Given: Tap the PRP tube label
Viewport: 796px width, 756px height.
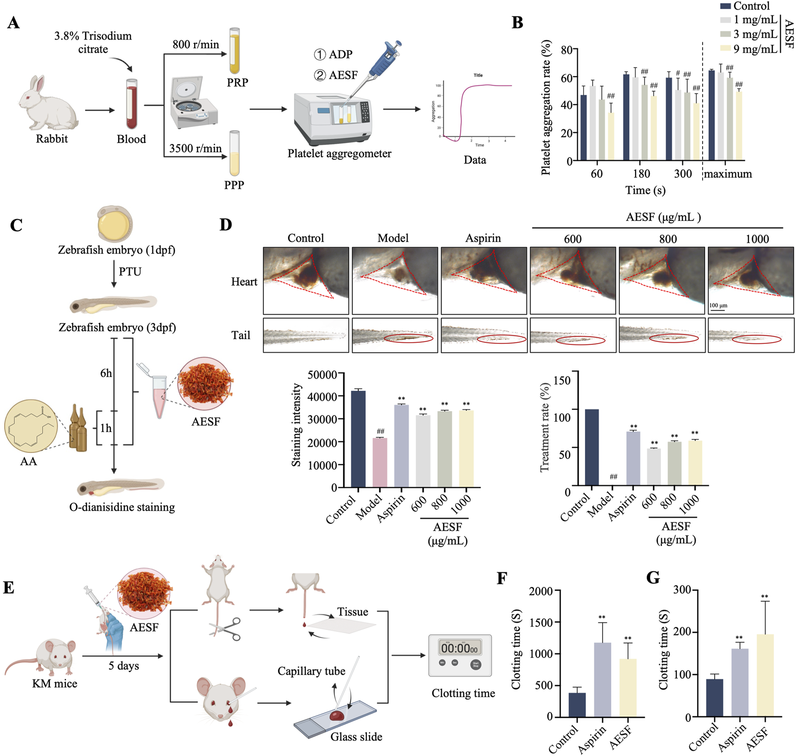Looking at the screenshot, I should pyautogui.click(x=237, y=83).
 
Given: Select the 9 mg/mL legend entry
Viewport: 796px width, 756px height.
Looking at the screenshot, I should pyautogui.click(x=755, y=49).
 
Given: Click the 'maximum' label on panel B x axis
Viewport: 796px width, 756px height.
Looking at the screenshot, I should pyautogui.click(x=727, y=174).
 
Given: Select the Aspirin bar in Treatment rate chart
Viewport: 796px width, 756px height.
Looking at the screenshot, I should pyautogui.click(x=633, y=458).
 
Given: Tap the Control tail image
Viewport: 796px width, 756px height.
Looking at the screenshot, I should pyautogui.click(x=305, y=335).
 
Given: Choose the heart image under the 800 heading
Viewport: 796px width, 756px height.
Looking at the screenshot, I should pyautogui.click(x=662, y=280).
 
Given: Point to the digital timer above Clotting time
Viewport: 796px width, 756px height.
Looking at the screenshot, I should pyautogui.click(x=460, y=655).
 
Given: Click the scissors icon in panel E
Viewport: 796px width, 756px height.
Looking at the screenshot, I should pyautogui.click(x=225, y=629).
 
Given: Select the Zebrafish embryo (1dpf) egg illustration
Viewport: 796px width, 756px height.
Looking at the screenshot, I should pyautogui.click(x=115, y=224).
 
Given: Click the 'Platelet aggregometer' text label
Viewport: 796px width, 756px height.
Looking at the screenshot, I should pyautogui.click(x=339, y=154).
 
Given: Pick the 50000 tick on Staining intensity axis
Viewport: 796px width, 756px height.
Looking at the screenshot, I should pyautogui.click(x=322, y=374).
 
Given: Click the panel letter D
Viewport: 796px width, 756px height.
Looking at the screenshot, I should pyautogui.click(x=226, y=224).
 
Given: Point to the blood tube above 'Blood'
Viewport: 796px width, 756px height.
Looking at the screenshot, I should pyautogui.click(x=131, y=104).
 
